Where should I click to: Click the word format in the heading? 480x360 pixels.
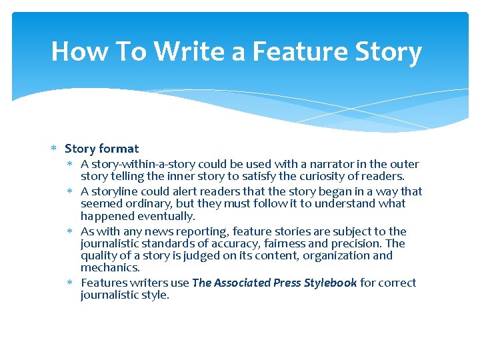click(x=119, y=149)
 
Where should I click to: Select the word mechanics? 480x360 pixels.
click(x=110, y=268)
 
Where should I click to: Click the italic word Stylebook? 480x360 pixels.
click(x=330, y=283)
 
